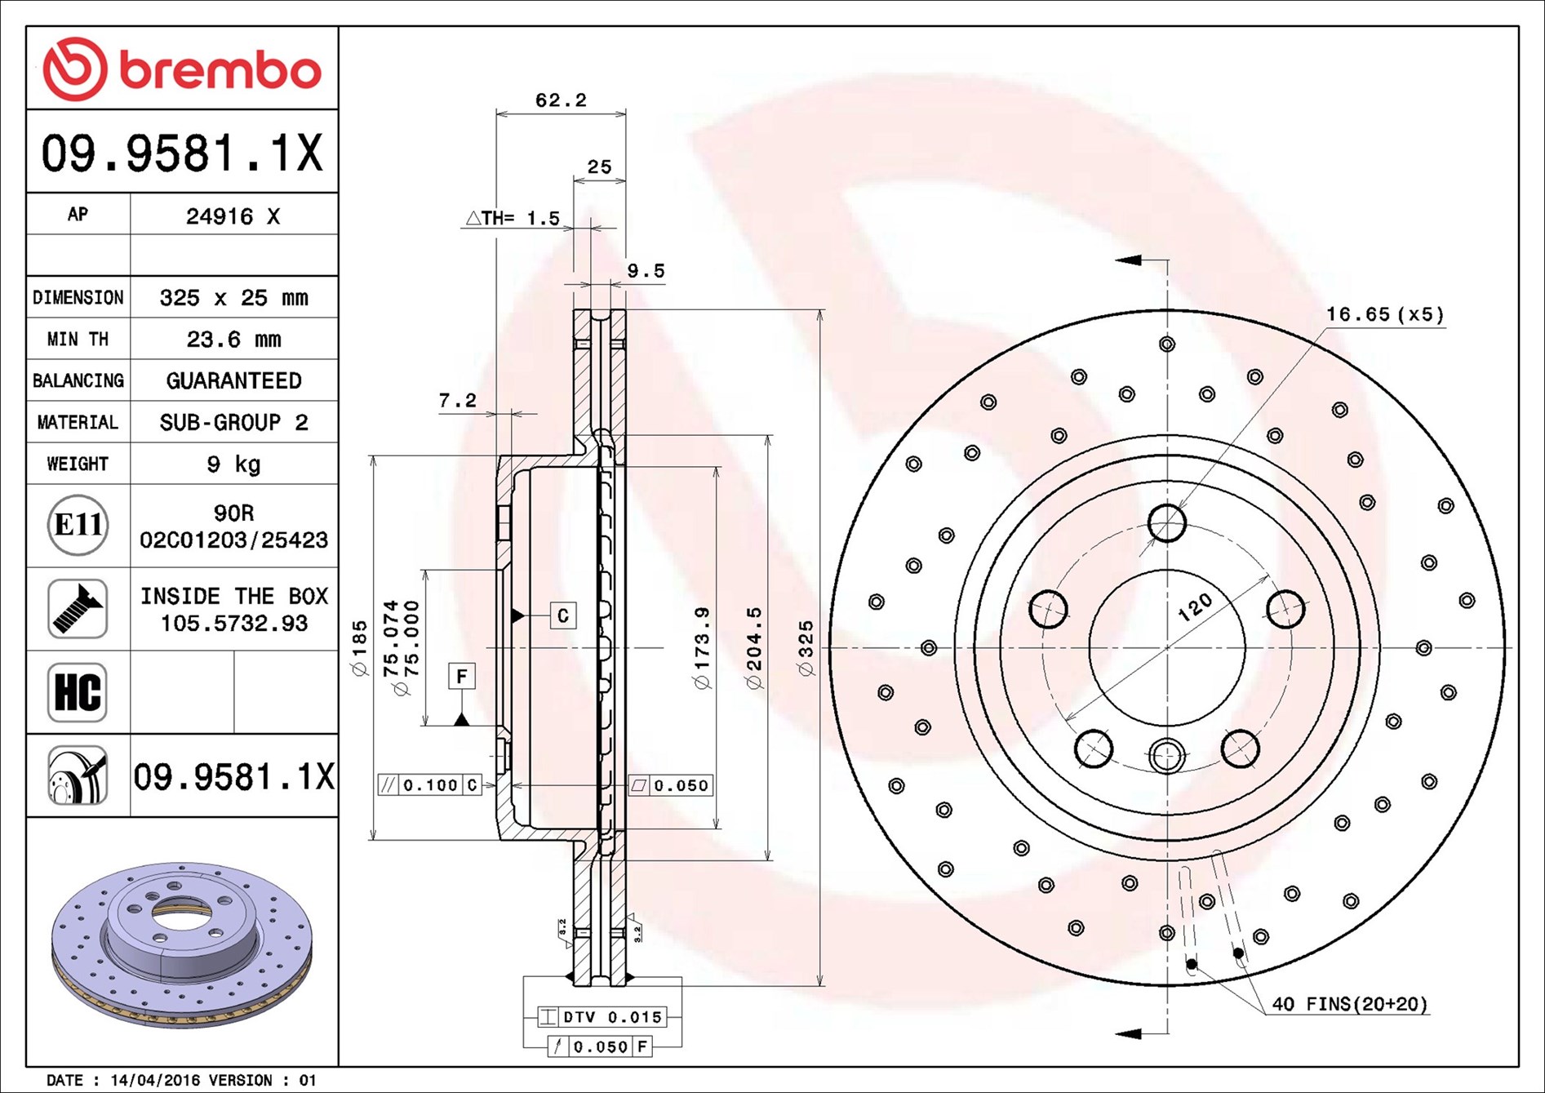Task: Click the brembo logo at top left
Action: [x=182, y=69]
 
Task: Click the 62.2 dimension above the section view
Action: [x=561, y=100]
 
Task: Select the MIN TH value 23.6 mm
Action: [x=233, y=339]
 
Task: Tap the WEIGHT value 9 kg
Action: [x=233, y=464]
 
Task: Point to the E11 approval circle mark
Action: [x=78, y=525]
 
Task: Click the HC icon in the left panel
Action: [x=78, y=692]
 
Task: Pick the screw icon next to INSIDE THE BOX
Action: [x=78, y=609]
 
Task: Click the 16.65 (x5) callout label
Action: [x=1384, y=314]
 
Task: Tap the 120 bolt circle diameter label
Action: [x=1195, y=607]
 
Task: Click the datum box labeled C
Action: [x=562, y=615]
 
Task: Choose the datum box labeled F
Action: [x=462, y=676]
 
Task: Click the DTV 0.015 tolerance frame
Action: [x=602, y=1017]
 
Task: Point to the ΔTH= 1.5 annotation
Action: [x=513, y=218]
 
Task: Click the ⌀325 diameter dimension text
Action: [x=806, y=649]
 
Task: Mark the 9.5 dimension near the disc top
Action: [x=646, y=271]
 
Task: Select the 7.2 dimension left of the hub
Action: [x=457, y=400]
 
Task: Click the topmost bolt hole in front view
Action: [x=1167, y=523]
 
